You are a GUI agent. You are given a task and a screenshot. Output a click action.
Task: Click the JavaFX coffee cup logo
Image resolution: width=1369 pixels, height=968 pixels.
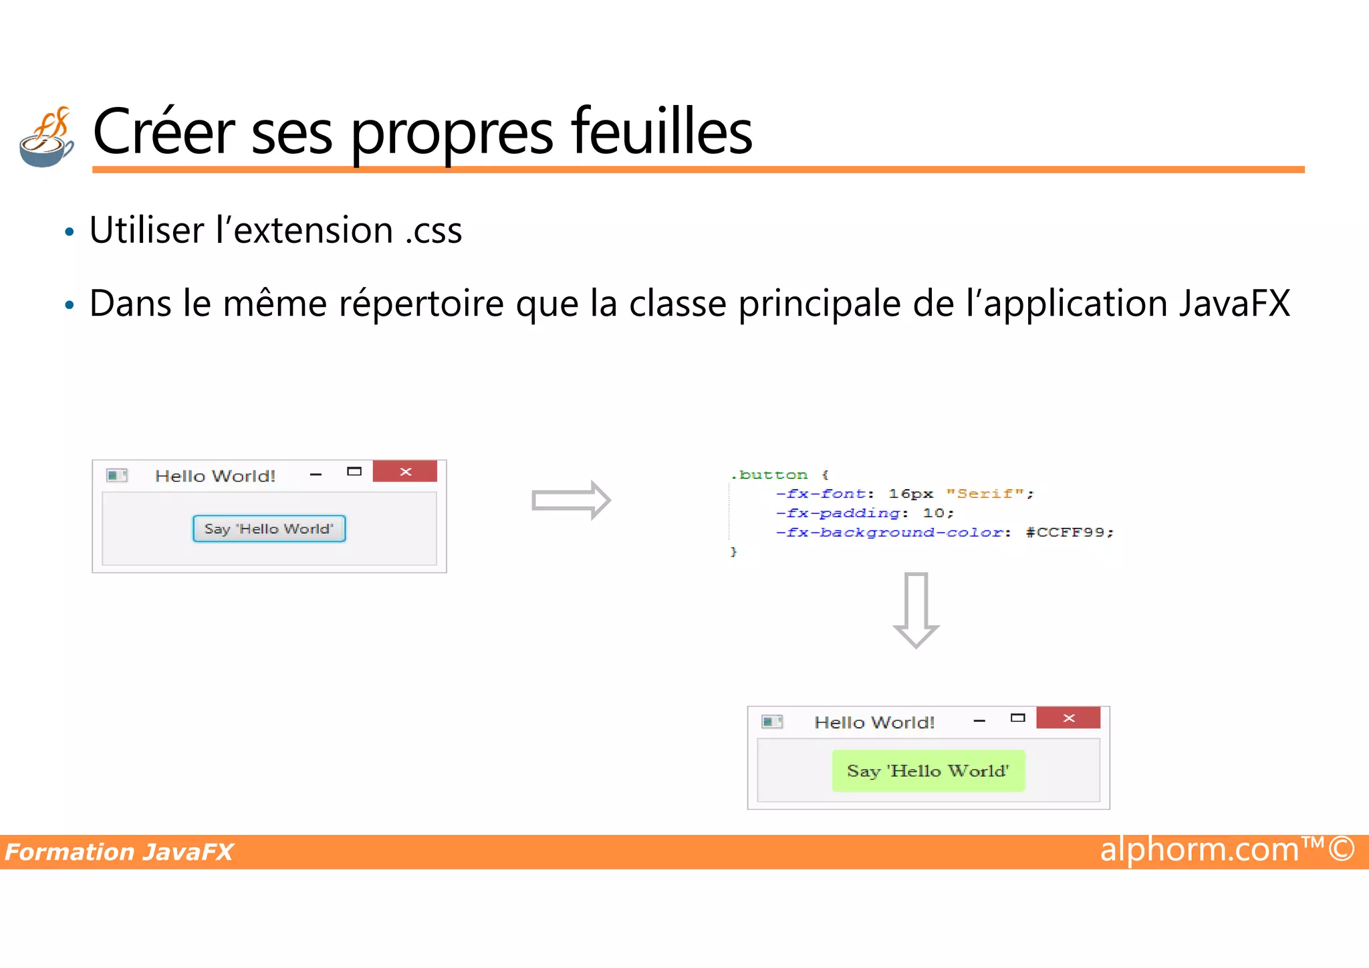tap(46, 138)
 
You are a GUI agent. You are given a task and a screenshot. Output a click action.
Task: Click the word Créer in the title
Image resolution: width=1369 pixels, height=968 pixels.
tap(164, 132)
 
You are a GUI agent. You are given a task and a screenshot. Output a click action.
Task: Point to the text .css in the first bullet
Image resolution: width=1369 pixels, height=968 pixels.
tap(434, 231)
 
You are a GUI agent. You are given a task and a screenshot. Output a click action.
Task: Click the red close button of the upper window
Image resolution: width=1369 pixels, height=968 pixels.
tap(405, 472)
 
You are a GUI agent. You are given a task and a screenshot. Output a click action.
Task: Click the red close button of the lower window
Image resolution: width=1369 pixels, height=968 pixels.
tap(1068, 718)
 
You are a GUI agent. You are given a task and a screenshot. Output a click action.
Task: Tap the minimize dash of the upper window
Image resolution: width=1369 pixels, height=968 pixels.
tap(316, 474)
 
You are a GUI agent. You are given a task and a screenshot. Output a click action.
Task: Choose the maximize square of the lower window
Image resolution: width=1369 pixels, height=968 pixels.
tap(1017, 718)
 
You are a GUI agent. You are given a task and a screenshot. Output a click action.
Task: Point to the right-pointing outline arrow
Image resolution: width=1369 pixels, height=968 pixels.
tap(571, 500)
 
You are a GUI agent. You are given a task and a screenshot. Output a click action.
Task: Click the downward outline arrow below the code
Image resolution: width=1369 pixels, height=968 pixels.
tap(916, 609)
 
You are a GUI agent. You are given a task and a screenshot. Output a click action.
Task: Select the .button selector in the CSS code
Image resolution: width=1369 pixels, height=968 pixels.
tap(769, 475)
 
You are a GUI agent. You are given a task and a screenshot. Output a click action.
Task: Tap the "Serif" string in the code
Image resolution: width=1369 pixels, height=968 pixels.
tap(985, 494)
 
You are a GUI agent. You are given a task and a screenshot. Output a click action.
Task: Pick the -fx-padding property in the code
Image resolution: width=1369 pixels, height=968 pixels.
tap(838, 513)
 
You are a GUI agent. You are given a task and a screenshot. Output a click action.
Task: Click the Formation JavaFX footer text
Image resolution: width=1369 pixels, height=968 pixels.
tap(119, 852)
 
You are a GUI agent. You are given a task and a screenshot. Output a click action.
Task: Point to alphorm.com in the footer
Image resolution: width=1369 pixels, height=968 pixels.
tap(1199, 850)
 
